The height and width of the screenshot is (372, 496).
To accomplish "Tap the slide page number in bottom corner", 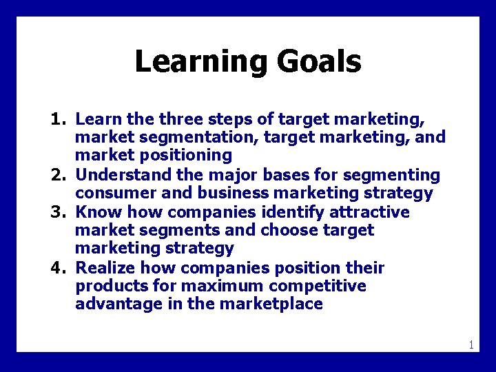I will click(x=471, y=344).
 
